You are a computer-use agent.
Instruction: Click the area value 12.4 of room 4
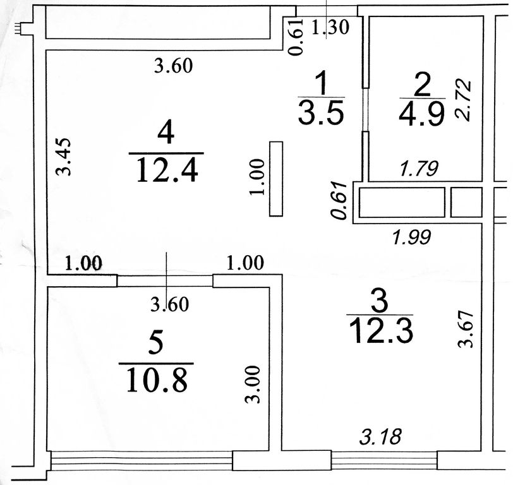167,170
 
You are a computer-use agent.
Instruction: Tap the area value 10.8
157,380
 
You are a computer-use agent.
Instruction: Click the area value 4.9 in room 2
422,113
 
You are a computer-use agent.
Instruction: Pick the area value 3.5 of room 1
322,112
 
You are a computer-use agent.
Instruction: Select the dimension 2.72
463,99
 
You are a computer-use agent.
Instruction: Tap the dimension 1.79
419,169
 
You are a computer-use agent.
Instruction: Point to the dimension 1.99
412,237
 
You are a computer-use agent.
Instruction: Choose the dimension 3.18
380,437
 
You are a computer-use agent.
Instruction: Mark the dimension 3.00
253,385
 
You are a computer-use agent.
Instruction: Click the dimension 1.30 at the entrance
330,27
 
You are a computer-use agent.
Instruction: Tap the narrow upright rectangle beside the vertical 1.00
276,179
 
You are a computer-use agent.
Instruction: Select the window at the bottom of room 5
142,460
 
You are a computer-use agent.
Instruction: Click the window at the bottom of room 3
384,460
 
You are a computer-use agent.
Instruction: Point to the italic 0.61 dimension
339,200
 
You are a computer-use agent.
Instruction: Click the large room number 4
166,133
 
